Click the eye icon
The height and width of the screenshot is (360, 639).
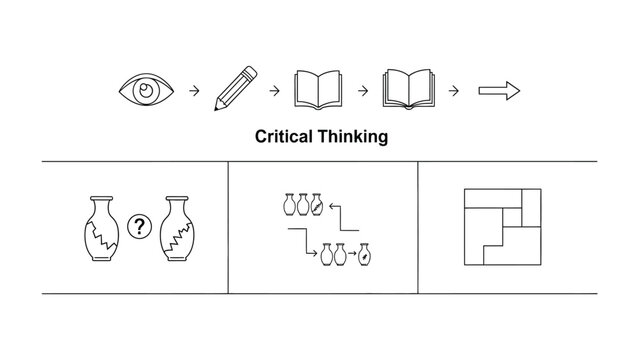coord(148,90)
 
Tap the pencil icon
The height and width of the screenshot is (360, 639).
coord(233,90)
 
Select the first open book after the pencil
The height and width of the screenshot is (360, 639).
coord(319,90)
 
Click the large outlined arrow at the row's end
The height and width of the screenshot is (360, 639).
coord(499,91)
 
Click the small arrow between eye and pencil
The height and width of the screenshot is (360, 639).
coord(194,91)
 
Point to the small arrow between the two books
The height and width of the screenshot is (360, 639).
coord(364,91)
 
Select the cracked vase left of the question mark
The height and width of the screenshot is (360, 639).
coord(102,227)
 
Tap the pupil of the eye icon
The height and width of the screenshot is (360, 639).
coord(148,90)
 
